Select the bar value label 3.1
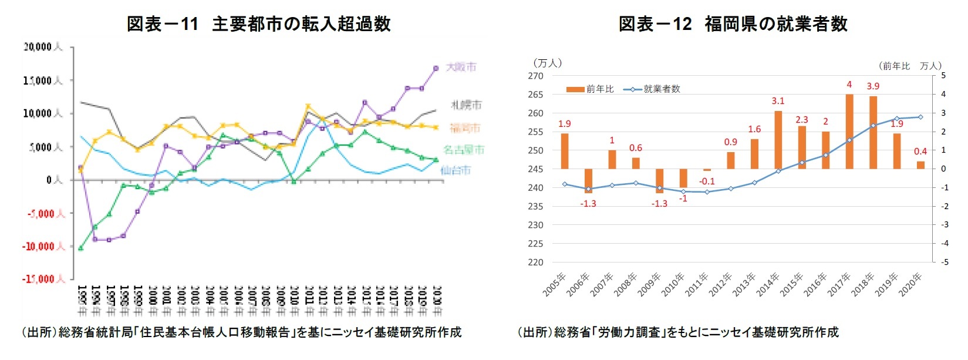[x=778, y=101]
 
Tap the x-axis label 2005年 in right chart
[x=555, y=285]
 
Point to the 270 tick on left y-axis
[x=535, y=76]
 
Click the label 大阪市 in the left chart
[x=461, y=67]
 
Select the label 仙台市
[x=456, y=170]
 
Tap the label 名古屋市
[x=464, y=150]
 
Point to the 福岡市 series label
[x=465, y=128]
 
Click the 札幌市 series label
[x=466, y=105]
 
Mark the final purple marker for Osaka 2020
[x=436, y=69]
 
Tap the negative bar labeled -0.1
[x=707, y=170]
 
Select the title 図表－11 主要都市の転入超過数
[x=258, y=24]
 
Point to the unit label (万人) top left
[x=547, y=63]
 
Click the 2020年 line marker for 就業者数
[x=920, y=117]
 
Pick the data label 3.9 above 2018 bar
[x=873, y=86]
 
